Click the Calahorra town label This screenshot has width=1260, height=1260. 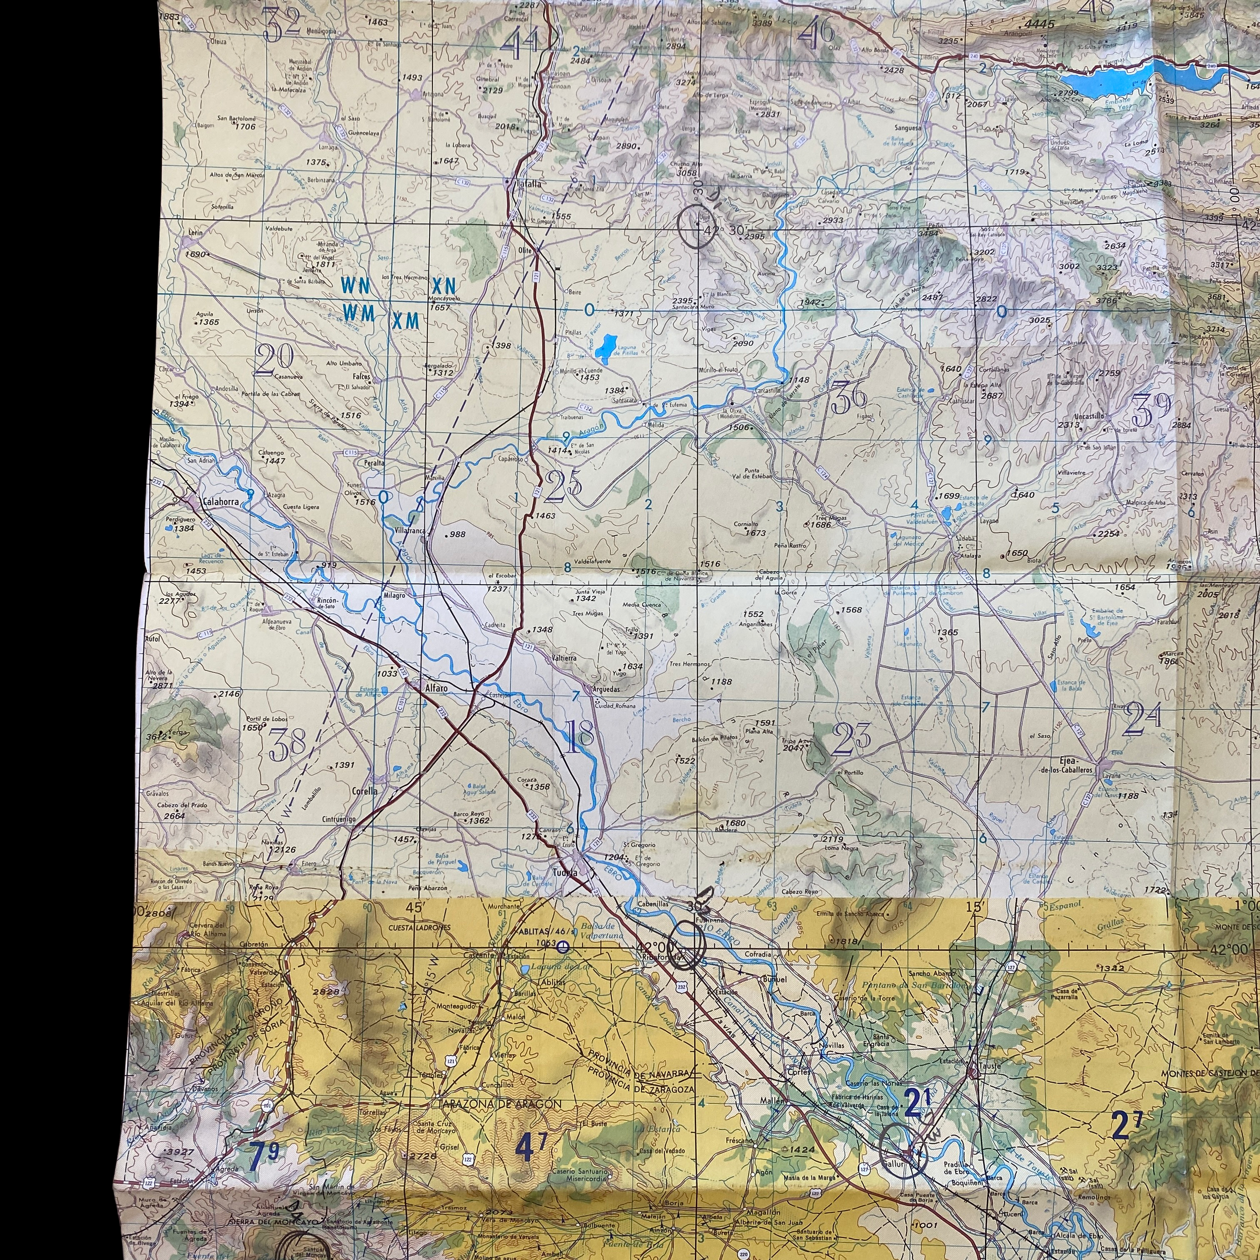[x=220, y=502]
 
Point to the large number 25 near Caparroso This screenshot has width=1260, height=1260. [x=564, y=486]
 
